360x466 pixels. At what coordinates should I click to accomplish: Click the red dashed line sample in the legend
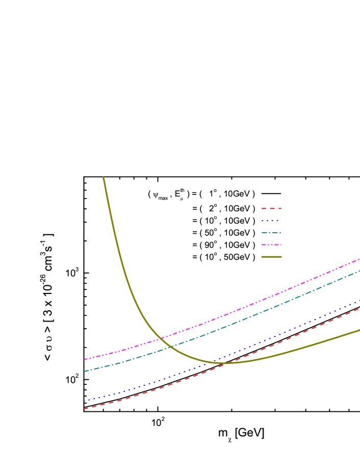271,208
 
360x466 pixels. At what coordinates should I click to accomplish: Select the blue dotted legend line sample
270,220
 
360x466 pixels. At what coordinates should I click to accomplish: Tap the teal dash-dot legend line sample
271,233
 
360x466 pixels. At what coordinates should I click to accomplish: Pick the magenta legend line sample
271,245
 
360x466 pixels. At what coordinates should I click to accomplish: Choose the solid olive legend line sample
271,257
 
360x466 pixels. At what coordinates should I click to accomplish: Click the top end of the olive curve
104,178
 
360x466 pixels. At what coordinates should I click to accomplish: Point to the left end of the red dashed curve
84,409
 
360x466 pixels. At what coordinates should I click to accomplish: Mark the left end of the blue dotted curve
84,401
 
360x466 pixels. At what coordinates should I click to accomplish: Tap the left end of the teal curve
84,371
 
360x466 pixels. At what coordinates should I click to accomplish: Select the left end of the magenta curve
84,359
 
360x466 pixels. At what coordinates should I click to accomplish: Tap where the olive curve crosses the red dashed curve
224,363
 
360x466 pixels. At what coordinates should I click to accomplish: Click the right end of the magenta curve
359,259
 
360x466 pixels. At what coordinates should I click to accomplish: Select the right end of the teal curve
359,271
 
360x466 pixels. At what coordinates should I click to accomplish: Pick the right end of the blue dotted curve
359,301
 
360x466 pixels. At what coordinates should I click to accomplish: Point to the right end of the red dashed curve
359,308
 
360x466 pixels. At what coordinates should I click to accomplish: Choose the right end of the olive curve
359,330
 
